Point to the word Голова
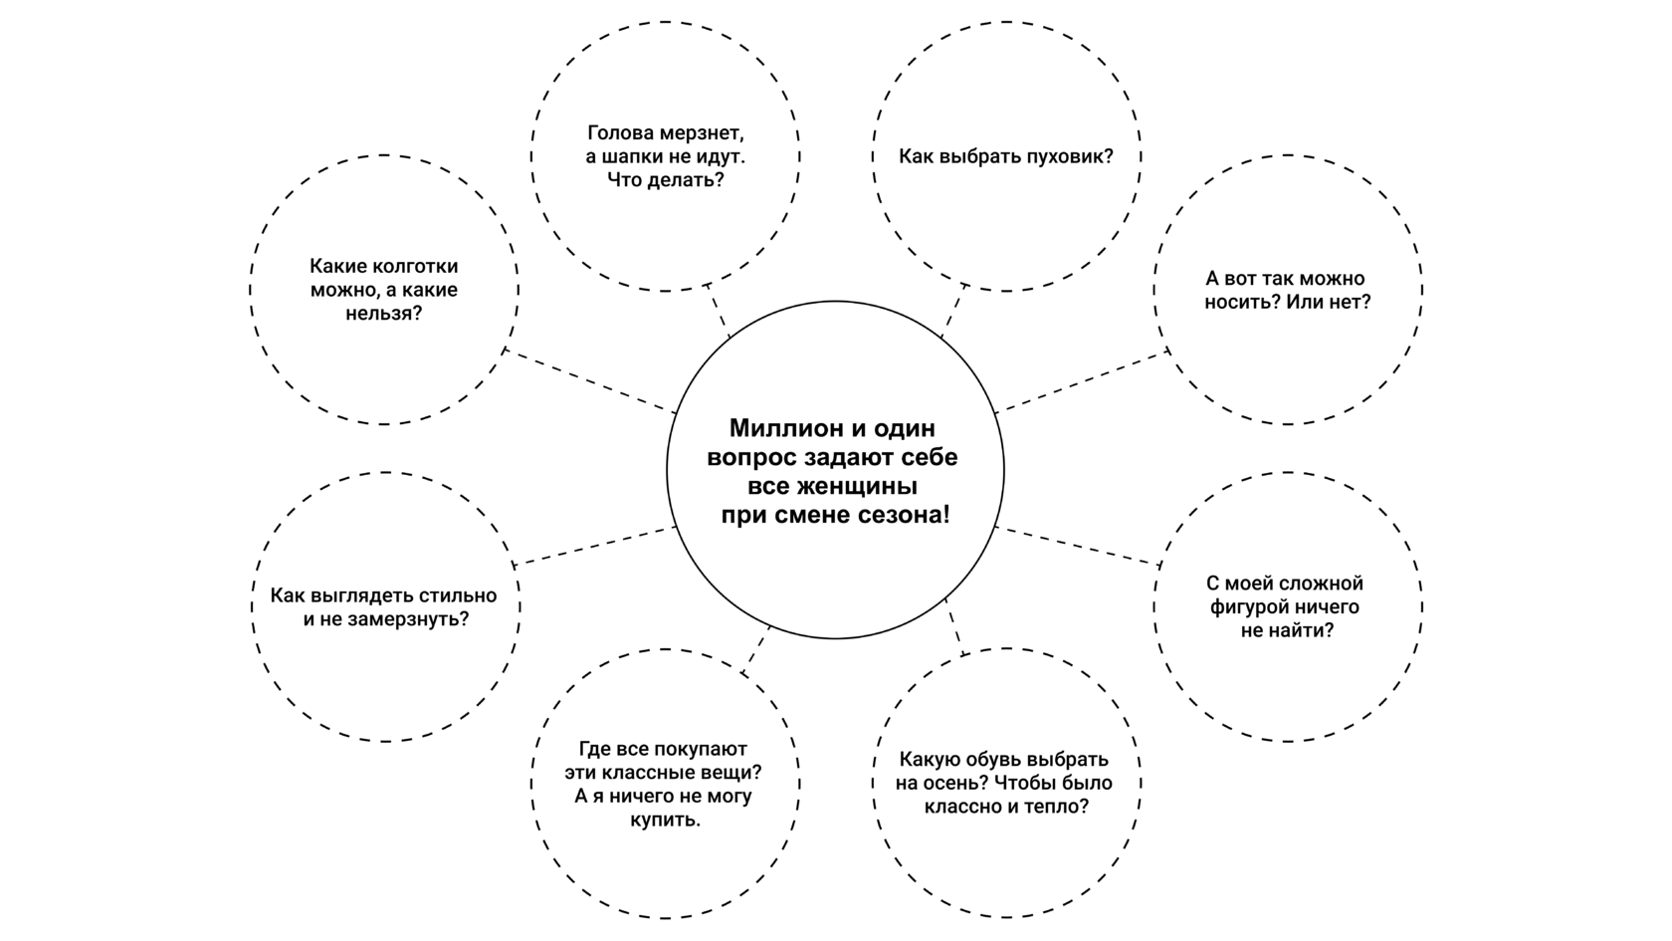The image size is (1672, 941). (x=619, y=132)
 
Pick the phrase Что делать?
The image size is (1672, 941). (x=665, y=180)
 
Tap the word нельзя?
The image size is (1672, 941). (x=383, y=314)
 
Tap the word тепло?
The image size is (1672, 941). (x=1055, y=807)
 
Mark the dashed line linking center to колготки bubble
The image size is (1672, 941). (x=589, y=380)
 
